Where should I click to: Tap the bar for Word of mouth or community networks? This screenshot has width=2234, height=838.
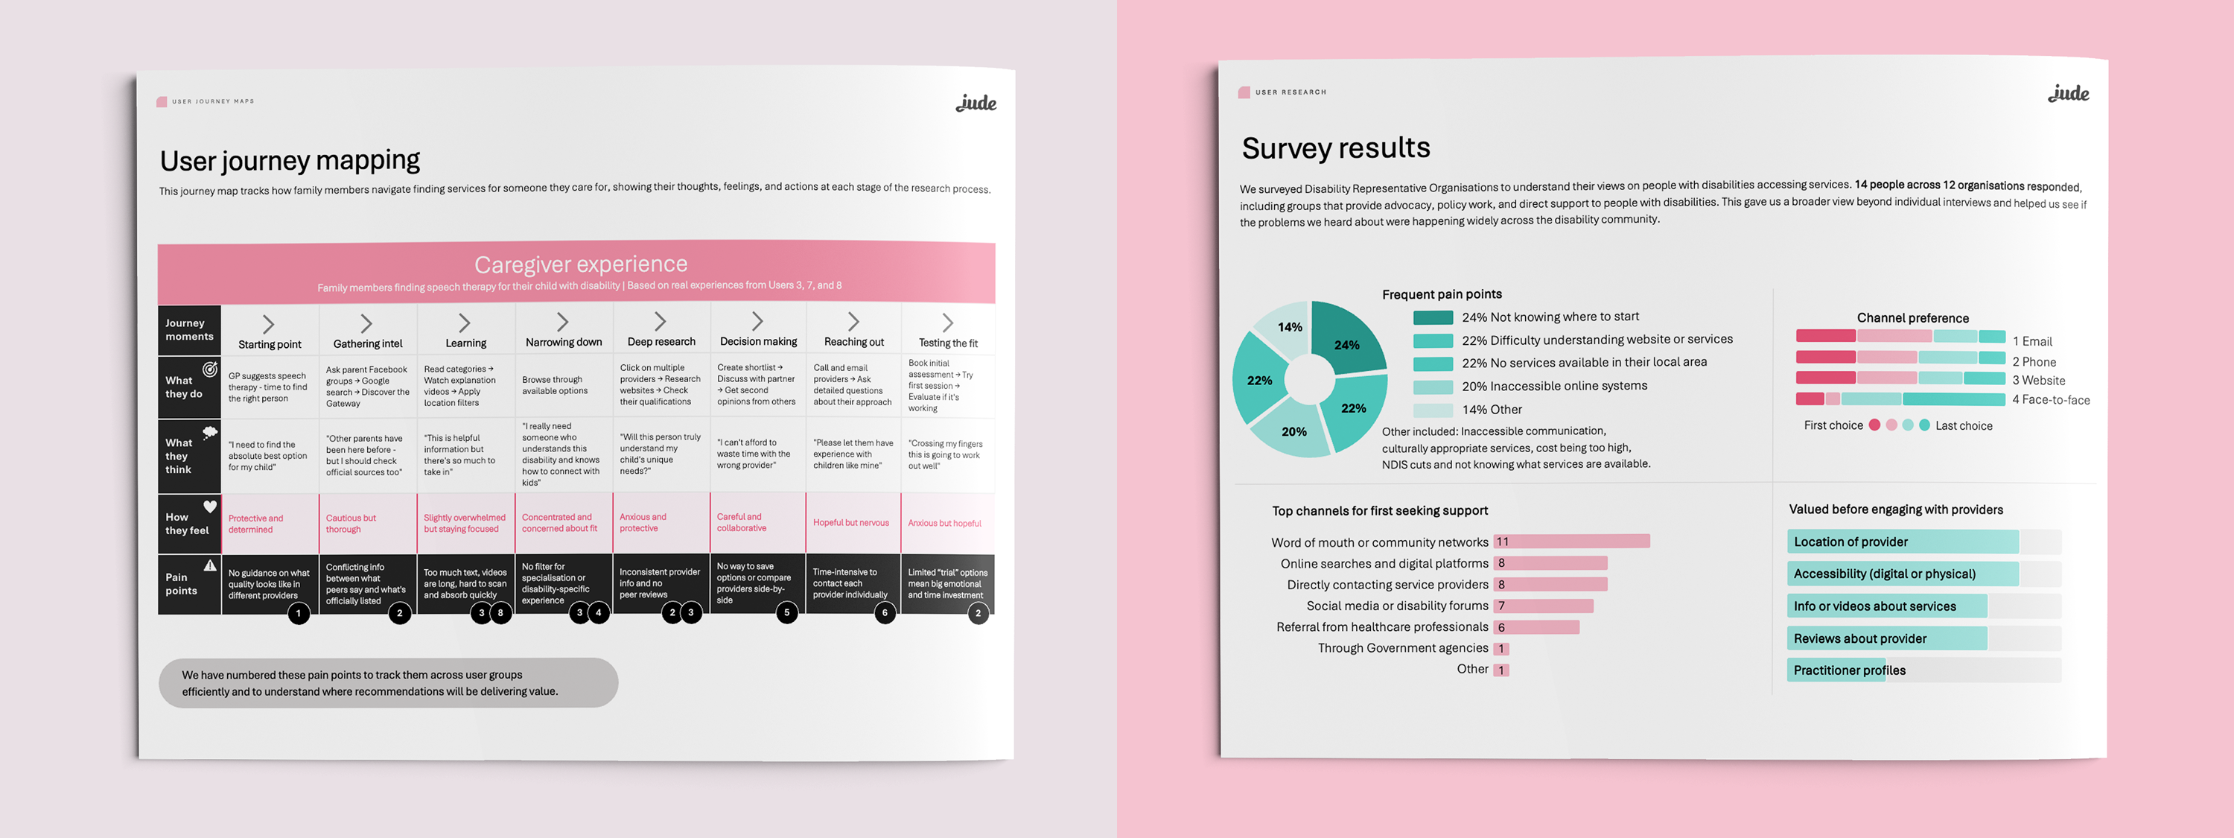[1571, 542]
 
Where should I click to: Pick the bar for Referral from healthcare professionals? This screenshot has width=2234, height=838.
[1536, 627]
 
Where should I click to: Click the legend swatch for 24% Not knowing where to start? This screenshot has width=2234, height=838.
[1433, 317]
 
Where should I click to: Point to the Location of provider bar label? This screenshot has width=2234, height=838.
[1850, 542]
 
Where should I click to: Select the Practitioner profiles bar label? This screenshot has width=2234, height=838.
[1849, 670]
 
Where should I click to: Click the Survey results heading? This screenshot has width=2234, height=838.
[1335, 148]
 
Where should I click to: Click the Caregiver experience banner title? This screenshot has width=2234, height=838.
[580, 264]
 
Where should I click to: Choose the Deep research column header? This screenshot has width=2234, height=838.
[661, 342]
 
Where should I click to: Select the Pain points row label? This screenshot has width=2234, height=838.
[181, 584]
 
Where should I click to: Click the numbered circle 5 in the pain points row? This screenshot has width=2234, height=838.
[786, 612]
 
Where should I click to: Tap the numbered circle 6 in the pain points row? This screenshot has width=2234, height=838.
[885, 612]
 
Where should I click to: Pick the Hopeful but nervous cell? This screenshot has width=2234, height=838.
[850, 523]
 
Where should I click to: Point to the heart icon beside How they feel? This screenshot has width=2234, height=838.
[210, 507]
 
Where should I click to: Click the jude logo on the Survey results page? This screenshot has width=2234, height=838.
[2069, 94]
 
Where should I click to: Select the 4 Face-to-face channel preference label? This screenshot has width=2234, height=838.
[2050, 400]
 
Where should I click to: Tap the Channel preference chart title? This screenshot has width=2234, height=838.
[1912, 318]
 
